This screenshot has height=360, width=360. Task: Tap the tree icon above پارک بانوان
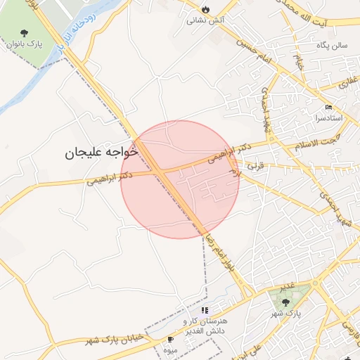(x=25, y=32)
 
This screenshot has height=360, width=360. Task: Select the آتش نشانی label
(x=205, y=21)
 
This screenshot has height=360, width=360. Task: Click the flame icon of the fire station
(x=205, y=9)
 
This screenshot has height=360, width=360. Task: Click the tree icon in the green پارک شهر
(x=285, y=302)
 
